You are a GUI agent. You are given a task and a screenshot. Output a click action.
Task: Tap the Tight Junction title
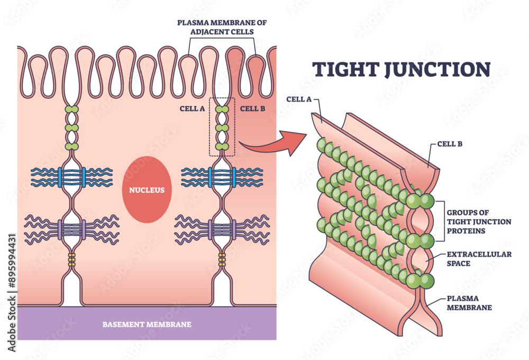402,69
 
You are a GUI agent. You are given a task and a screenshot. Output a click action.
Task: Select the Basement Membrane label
147,324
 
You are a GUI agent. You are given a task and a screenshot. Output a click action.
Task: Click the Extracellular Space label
479,258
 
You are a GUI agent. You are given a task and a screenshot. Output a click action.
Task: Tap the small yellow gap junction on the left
72,259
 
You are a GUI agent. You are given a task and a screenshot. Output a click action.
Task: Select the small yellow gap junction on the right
222,259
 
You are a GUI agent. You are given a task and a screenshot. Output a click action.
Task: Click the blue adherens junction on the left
72,177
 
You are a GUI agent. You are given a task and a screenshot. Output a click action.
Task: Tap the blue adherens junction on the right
222,177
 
